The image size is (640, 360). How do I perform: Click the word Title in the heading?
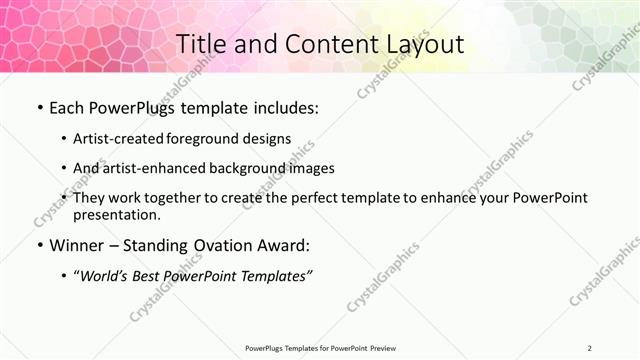point(200,45)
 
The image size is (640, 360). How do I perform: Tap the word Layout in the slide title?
point(424,45)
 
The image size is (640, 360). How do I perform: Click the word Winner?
point(76,245)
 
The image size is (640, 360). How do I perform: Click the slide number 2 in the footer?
point(590,347)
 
